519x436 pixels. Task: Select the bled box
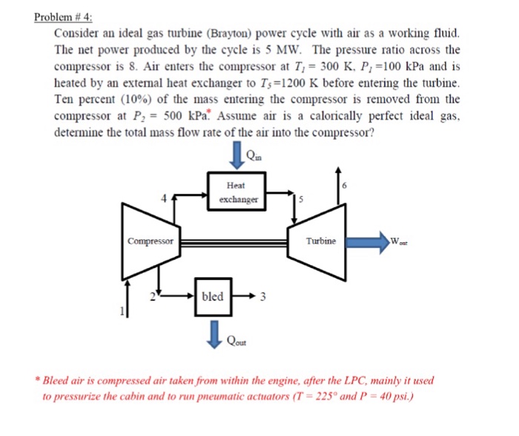coord(213,296)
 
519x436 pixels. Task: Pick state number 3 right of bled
coord(262,298)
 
